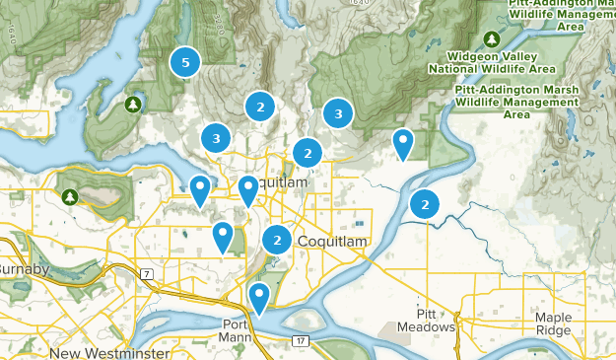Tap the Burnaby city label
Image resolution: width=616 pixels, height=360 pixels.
(x=22, y=268)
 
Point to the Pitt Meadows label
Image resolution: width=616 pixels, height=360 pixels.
(x=427, y=319)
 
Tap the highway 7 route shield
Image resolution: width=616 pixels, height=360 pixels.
(x=145, y=272)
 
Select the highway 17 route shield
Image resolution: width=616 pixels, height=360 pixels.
(x=300, y=341)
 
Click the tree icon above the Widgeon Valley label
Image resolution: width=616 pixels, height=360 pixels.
(x=490, y=38)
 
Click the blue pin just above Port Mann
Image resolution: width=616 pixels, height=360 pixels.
(x=259, y=296)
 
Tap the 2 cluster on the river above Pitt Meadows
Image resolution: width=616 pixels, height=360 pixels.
(x=425, y=204)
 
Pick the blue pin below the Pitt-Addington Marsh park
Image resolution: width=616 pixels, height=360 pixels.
(x=402, y=143)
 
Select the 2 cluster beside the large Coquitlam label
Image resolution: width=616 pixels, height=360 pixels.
(x=278, y=239)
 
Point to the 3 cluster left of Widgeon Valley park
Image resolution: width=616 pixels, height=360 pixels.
(x=338, y=114)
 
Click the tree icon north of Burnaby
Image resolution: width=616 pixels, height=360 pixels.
(x=69, y=197)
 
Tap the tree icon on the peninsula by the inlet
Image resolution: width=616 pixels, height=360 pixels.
(x=132, y=104)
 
